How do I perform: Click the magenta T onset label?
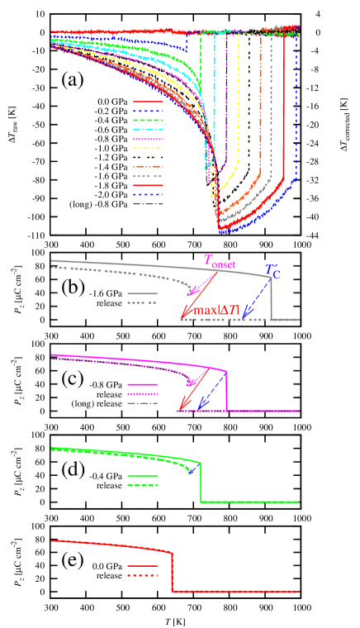point(219,262)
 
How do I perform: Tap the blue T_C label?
point(272,271)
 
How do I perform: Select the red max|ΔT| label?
point(216,312)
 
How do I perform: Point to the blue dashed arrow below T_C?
point(256,298)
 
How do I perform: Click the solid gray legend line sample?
point(142,293)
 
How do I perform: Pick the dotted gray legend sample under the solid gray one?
point(142,303)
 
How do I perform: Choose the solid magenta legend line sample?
point(142,385)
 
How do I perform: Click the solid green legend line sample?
point(142,476)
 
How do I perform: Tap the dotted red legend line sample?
point(142,574)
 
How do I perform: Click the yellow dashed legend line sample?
point(148,149)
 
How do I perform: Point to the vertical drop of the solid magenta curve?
point(227,392)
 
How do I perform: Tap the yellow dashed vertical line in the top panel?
point(239,107)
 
